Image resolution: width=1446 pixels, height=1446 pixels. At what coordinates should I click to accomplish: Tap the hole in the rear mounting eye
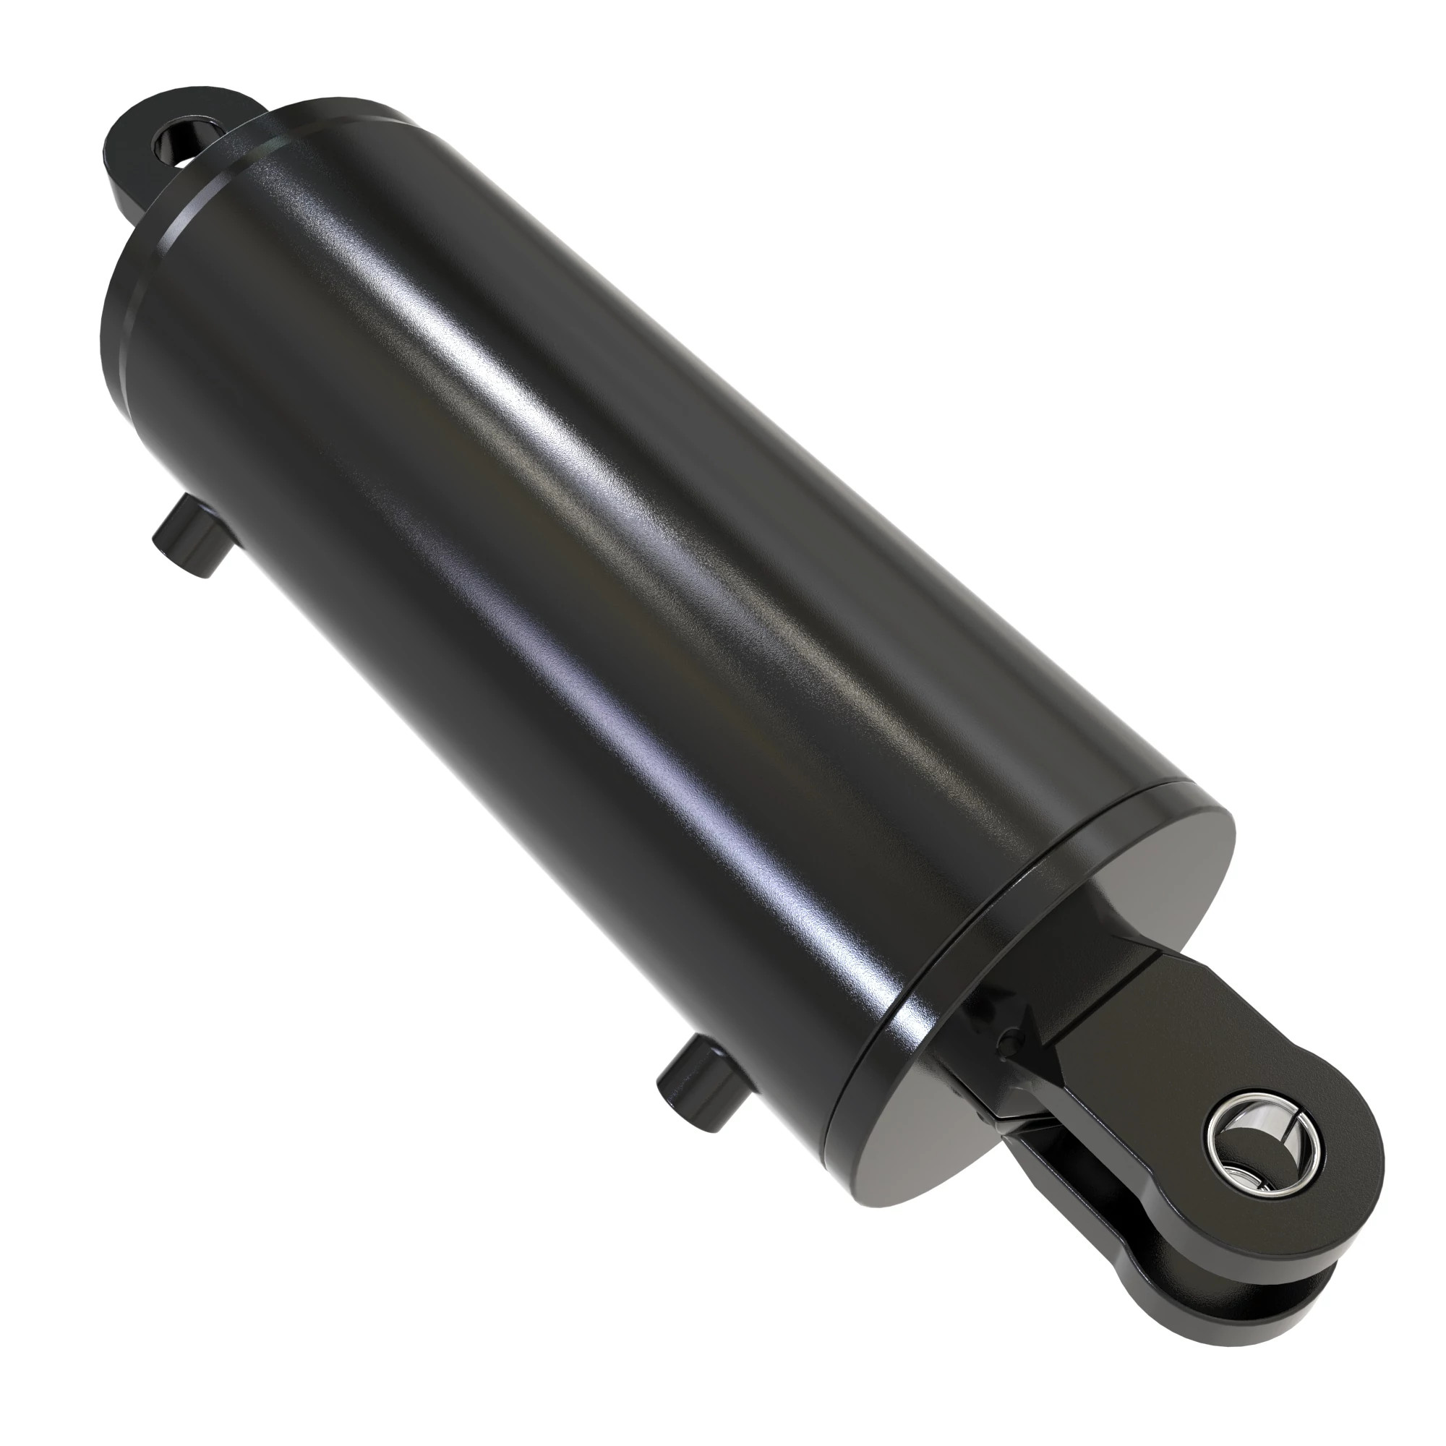[x=177, y=140]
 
